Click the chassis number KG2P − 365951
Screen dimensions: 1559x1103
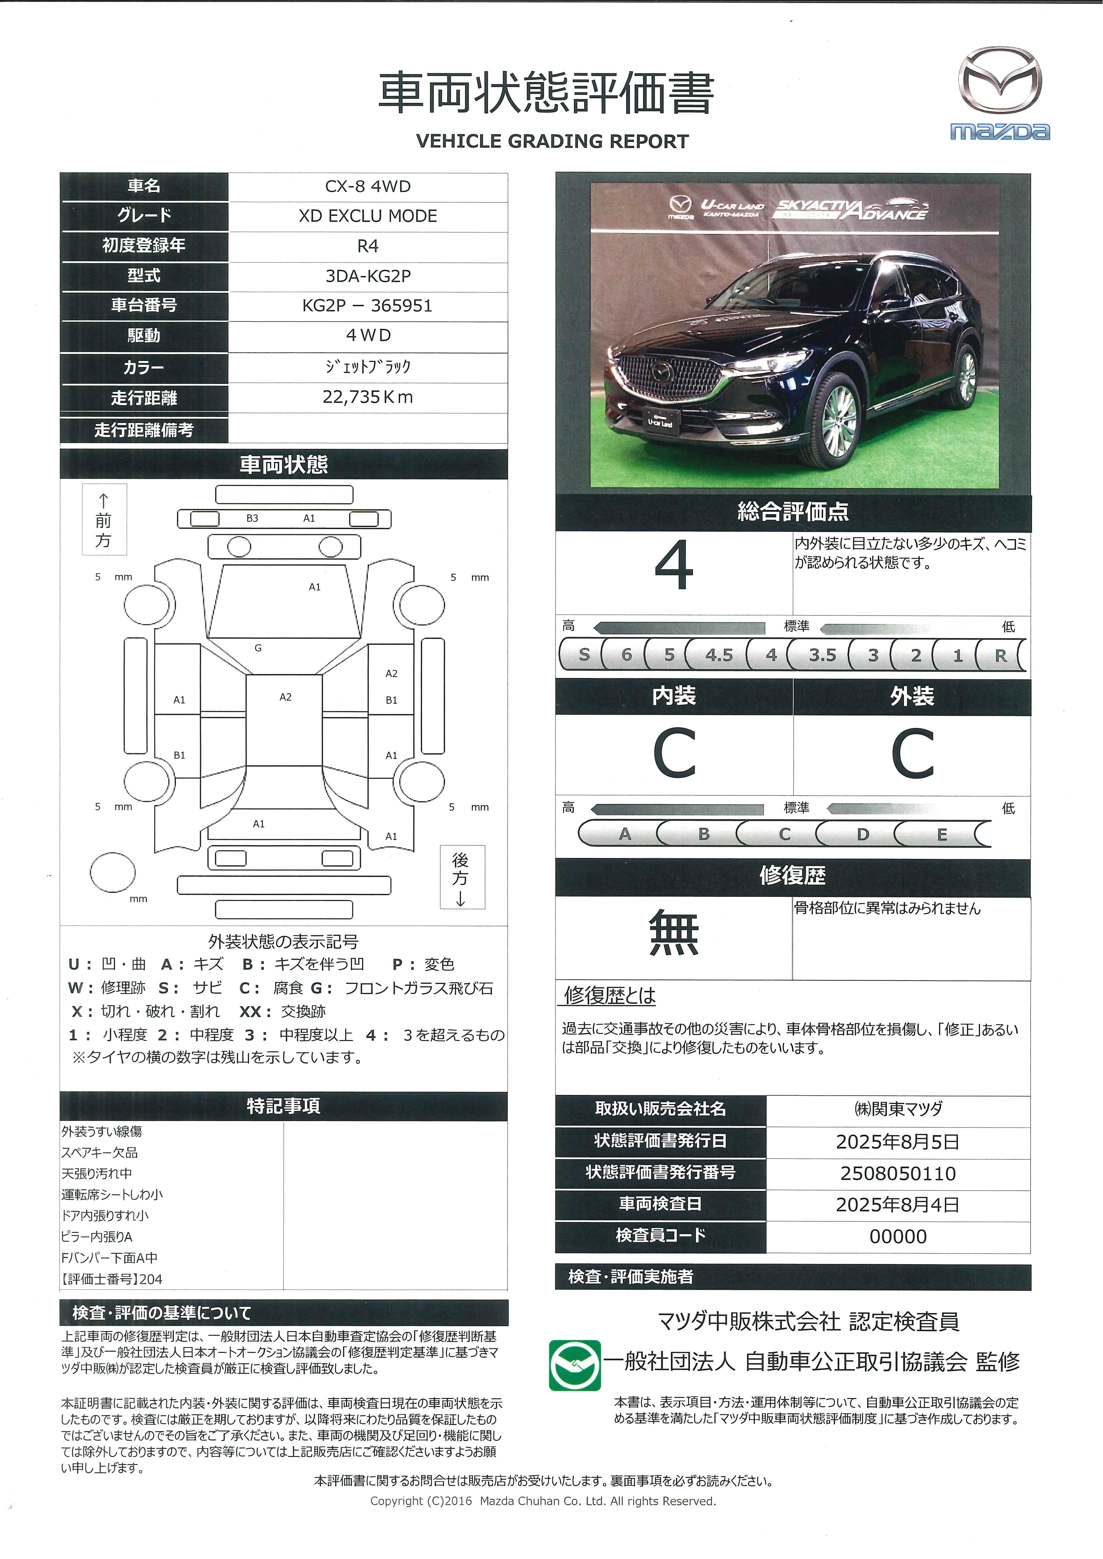point(367,306)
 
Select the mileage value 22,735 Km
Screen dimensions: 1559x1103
point(367,397)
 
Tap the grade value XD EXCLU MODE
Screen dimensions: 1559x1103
point(367,216)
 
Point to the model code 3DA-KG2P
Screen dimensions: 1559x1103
point(367,276)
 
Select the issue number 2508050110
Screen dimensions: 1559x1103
point(898,1173)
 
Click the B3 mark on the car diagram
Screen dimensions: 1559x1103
point(252,518)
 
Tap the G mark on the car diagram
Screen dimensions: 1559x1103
point(258,648)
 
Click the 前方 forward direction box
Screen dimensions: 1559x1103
point(104,519)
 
